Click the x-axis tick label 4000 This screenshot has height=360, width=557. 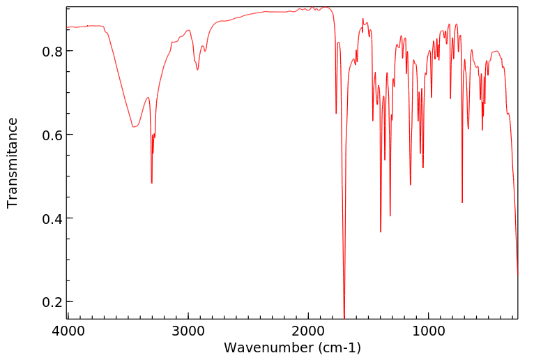tap(68, 330)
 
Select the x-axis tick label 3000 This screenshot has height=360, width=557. tap(188, 330)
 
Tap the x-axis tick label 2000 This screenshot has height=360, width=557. tap(309, 330)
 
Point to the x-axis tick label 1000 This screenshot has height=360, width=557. tap(429, 330)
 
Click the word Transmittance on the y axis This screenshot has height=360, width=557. tap(13, 163)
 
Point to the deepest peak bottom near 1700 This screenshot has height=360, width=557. tap(344, 317)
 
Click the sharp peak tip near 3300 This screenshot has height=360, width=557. tap(151, 183)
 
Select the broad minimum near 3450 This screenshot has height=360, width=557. tap(133, 127)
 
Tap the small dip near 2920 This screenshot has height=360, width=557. tap(197, 70)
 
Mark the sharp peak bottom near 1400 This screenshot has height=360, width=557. tap(381, 232)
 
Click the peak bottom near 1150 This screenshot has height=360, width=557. tap(411, 185)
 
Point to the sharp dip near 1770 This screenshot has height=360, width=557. tap(336, 114)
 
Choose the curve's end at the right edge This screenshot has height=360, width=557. tap(517, 274)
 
